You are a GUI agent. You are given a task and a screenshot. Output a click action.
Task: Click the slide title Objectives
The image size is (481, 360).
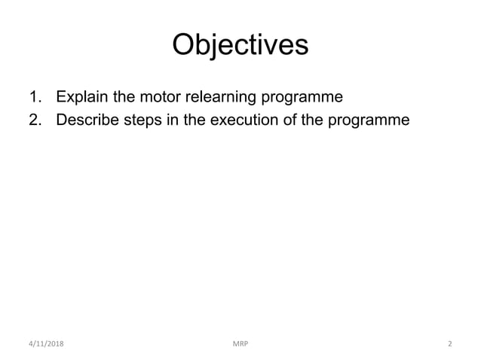click(240, 44)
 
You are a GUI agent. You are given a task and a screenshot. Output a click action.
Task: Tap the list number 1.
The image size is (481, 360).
click(34, 97)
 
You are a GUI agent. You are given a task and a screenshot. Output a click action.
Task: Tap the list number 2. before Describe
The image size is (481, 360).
click(35, 118)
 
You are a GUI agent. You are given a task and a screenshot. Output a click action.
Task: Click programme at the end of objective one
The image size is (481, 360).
click(302, 98)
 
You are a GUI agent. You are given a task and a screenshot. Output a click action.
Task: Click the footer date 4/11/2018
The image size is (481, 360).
click(47, 344)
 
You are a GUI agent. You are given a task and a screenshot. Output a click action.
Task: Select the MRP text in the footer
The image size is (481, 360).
click(240, 344)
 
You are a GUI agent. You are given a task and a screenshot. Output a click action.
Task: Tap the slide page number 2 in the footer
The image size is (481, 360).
click(449, 344)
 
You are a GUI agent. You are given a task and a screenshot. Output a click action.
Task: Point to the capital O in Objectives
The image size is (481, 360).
click(183, 44)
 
